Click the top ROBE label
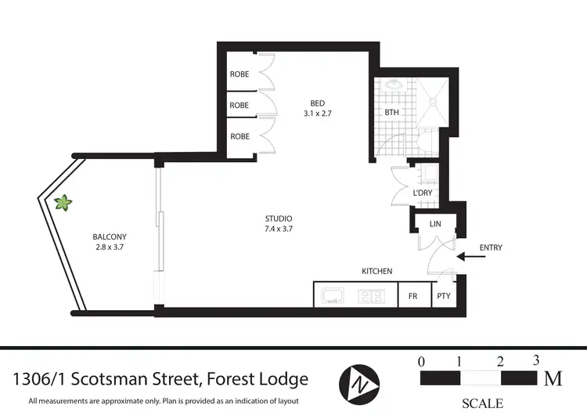(x=239, y=74)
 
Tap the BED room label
(x=317, y=103)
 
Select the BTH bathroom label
(x=391, y=113)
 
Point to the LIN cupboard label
(x=435, y=224)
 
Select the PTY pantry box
(x=443, y=296)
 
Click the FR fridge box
(x=412, y=296)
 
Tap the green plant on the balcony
(x=64, y=203)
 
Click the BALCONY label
(x=109, y=236)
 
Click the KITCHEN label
(x=376, y=271)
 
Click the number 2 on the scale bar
(x=499, y=361)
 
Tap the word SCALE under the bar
(x=482, y=403)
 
